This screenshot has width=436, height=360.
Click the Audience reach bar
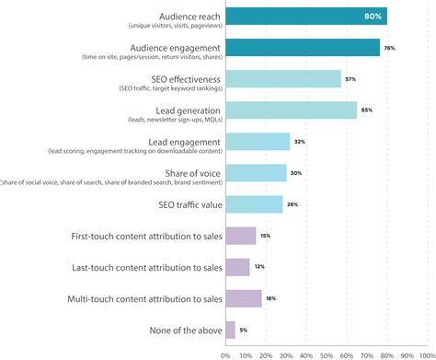point(304,16)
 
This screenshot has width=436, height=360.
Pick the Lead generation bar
point(291,110)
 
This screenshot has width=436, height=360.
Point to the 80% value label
point(373,16)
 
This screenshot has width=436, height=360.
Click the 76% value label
point(389,48)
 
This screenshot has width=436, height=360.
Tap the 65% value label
point(367,110)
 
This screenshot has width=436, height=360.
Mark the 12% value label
point(258,267)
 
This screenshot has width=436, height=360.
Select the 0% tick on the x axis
point(225,353)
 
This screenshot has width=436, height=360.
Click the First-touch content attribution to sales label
point(146,236)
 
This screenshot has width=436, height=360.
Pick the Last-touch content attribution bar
point(237,267)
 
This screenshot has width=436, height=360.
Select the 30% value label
point(296,173)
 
